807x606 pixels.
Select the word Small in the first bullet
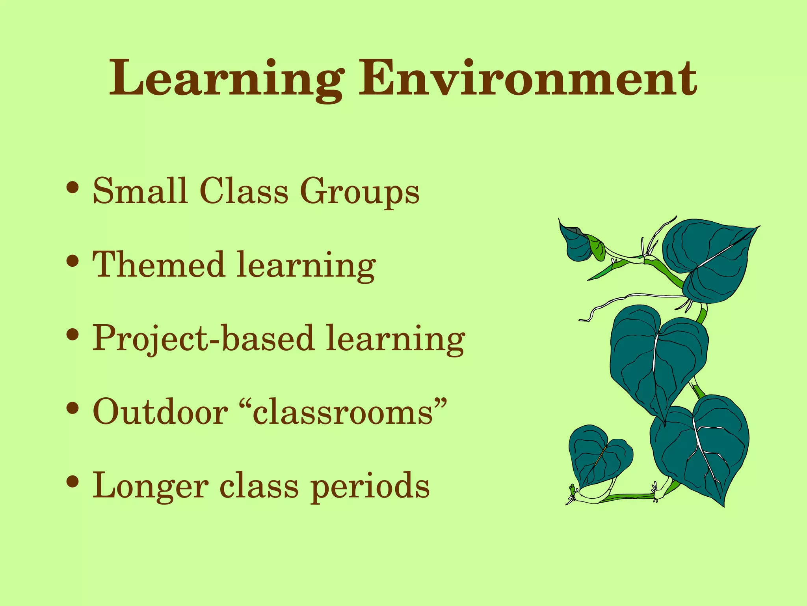click(x=139, y=191)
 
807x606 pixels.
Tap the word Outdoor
click(x=160, y=411)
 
